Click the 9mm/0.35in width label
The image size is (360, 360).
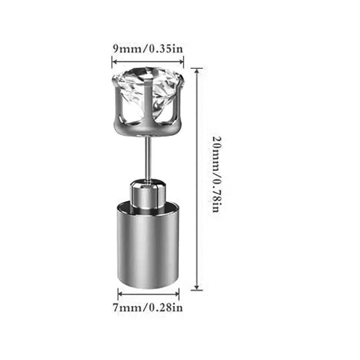[148, 49]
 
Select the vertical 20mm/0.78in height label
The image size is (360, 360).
[216, 175]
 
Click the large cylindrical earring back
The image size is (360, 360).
[148, 245]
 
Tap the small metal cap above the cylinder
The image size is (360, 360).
[148, 193]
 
